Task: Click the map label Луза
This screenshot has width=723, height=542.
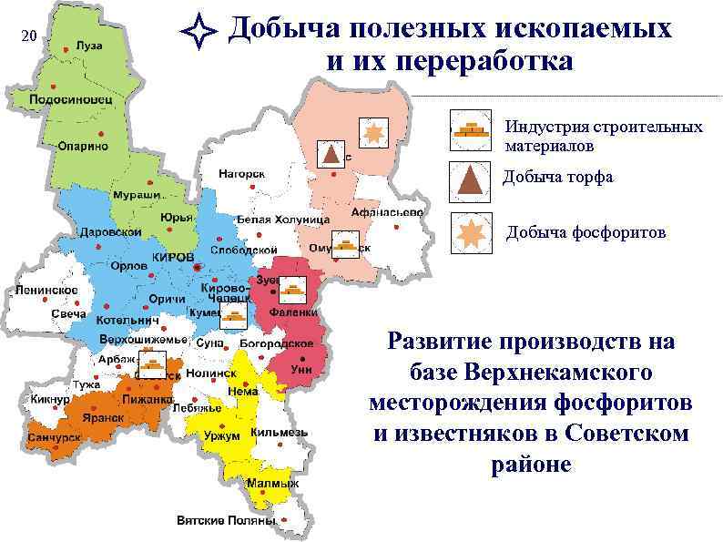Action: [88, 46]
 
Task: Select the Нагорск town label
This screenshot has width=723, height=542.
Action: [240, 173]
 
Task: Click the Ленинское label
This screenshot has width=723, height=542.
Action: [46, 290]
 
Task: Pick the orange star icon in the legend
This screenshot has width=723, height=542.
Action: [472, 233]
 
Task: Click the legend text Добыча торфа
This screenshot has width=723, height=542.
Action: [557, 178]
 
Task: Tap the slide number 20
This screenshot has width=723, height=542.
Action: [28, 36]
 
